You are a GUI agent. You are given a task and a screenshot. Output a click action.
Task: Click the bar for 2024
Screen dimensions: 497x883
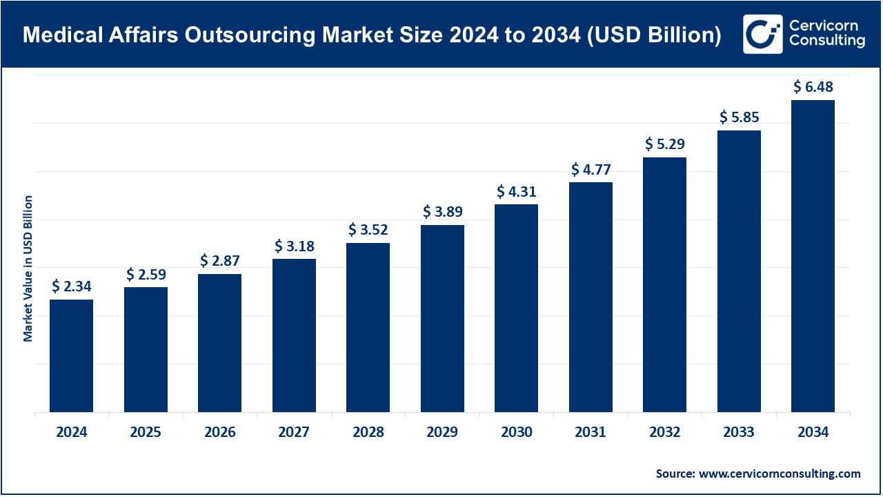[71, 355]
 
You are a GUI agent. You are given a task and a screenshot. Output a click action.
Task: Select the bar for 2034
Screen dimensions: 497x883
[813, 256]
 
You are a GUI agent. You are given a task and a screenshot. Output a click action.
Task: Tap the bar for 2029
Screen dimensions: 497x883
[442, 318]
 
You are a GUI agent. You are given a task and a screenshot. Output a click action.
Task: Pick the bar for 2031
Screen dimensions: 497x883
[591, 297]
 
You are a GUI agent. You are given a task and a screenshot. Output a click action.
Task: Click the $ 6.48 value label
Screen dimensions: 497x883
[813, 87]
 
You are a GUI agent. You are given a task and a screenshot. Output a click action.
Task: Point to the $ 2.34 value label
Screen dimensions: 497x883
[72, 286]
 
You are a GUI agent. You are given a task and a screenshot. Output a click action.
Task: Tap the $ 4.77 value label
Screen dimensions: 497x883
[591, 169]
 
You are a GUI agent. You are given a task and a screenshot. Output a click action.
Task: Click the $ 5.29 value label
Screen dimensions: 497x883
[665, 144]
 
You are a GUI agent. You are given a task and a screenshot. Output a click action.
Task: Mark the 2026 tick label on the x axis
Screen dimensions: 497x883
[220, 433]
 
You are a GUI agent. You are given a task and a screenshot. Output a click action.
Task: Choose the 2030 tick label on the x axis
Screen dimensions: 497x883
[517, 433]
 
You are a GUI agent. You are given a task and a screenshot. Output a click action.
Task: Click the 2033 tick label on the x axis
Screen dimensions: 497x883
[739, 433]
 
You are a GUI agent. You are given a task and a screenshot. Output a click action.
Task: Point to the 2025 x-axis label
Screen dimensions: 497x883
[146, 433]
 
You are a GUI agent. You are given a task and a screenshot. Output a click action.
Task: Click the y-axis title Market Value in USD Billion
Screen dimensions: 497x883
[28, 268]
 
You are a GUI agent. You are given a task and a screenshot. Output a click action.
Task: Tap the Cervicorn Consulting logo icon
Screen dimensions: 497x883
[762, 34]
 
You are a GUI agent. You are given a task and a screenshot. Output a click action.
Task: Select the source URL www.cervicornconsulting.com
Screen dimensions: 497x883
[780, 474]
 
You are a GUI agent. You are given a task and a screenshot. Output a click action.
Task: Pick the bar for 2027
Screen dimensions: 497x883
[294, 335]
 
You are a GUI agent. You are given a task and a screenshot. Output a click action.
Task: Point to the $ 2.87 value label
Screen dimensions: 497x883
[220, 261]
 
